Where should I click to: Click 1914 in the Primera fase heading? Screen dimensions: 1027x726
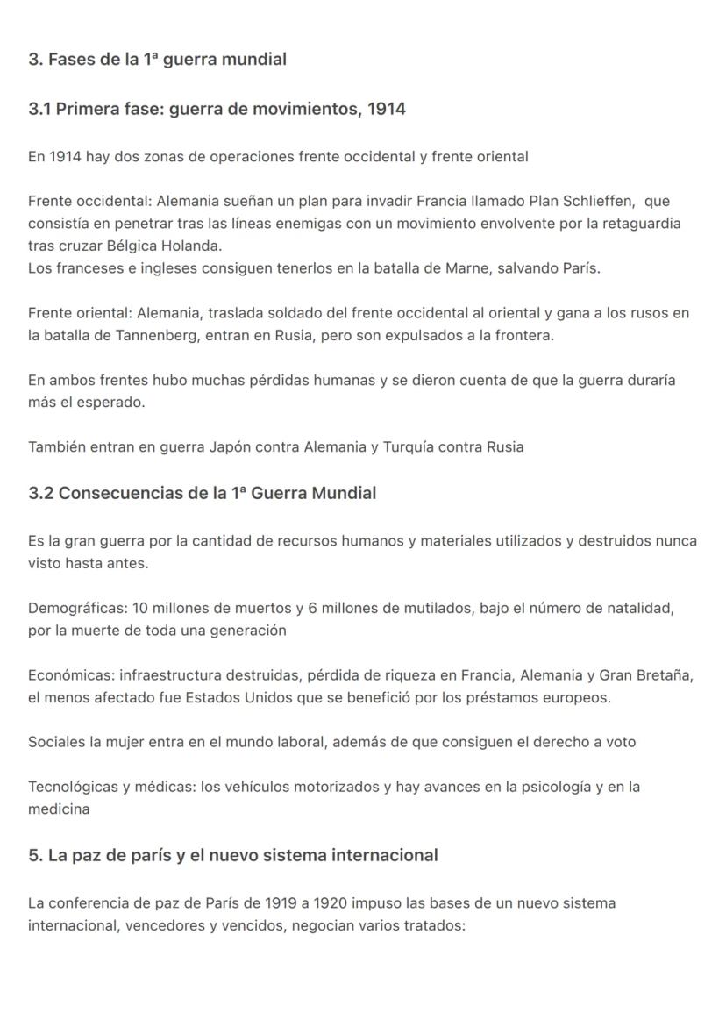click(x=387, y=110)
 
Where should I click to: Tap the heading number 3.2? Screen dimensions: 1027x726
click(x=40, y=493)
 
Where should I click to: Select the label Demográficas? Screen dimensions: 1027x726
click(x=75, y=608)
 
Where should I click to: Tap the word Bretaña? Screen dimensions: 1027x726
click(x=664, y=675)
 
